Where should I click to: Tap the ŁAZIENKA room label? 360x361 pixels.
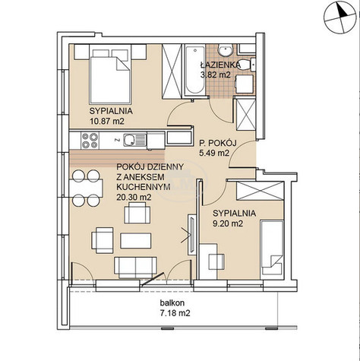[220, 65]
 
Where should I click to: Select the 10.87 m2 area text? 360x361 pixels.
[107, 121]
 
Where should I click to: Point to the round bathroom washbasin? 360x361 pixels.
[226, 50]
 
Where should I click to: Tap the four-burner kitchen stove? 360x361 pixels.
[90, 141]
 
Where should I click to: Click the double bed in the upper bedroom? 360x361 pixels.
[110, 76]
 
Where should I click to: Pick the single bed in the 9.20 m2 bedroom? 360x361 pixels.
[272, 248]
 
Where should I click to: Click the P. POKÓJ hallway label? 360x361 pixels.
[218, 144]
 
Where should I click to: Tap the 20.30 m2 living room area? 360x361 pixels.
[134, 197]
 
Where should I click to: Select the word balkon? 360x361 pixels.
[172, 302]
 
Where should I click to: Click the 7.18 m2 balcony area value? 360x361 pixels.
[175, 313]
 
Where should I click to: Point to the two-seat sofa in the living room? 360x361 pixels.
[136, 268]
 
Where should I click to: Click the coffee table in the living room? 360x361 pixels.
[136, 241]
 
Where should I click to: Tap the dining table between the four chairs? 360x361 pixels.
[87, 188]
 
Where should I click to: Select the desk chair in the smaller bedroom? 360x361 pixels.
[216, 261]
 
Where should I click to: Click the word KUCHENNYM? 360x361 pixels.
[144, 187]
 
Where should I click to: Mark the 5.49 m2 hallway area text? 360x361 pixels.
[214, 153]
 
